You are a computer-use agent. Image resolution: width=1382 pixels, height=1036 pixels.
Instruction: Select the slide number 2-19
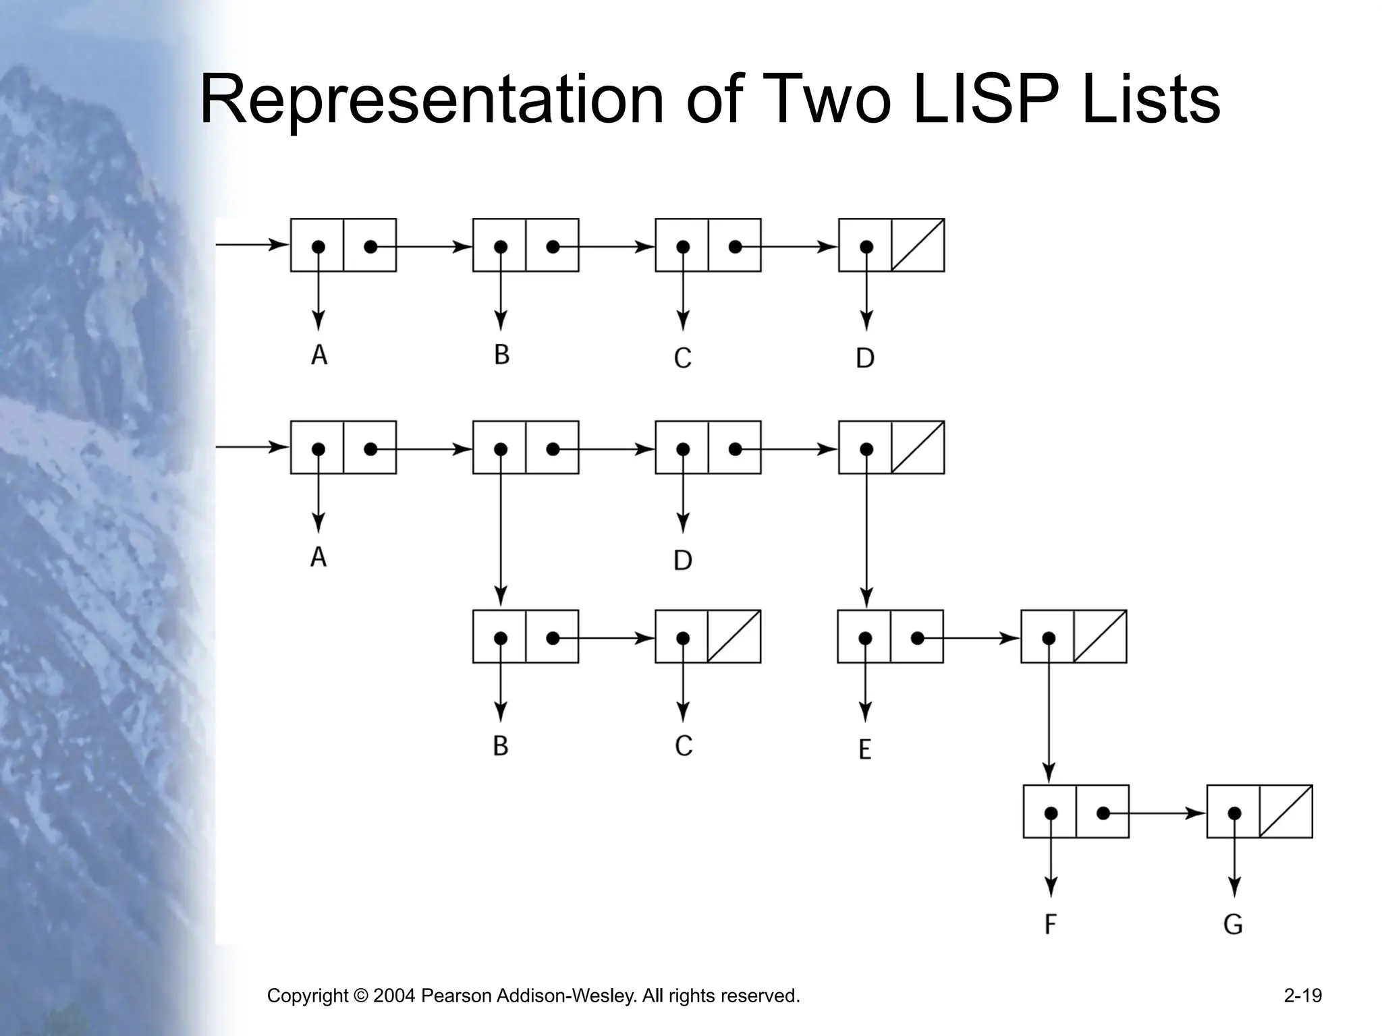pyautogui.click(x=1302, y=996)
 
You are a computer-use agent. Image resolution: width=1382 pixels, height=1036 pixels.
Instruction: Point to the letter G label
pyautogui.click(x=1233, y=923)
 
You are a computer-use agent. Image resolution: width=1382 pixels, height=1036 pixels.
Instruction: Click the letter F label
pyautogui.click(x=1050, y=923)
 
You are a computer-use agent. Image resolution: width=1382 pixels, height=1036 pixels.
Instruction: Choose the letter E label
pyautogui.click(x=865, y=749)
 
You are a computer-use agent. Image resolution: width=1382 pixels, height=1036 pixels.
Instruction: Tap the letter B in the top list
pyautogui.click(x=501, y=355)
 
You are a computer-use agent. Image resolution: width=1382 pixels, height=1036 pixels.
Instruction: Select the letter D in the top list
pyautogui.click(x=865, y=357)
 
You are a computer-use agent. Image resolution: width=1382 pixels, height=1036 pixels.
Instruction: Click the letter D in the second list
pyautogui.click(x=683, y=560)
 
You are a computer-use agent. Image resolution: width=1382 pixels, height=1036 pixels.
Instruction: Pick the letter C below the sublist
pyautogui.click(x=683, y=745)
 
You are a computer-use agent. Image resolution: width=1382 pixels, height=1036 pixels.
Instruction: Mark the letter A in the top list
pyautogui.click(x=319, y=355)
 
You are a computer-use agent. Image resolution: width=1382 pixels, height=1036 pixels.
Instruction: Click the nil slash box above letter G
pyautogui.click(x=1286, y=811)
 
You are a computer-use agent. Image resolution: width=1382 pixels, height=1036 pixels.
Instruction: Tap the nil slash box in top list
pyautogui.click(x=918, y=245)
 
